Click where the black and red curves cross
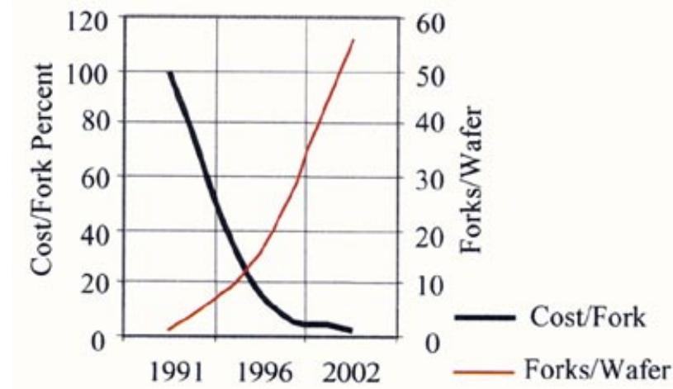pos(244,273)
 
